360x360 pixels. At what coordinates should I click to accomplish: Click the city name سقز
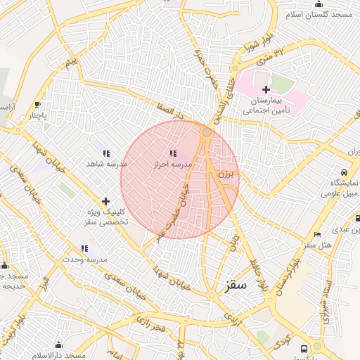click(236, 286)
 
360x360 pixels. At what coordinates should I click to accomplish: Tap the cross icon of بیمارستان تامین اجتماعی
click(266, 89)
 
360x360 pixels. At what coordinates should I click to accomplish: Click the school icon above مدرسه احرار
click(173, 153)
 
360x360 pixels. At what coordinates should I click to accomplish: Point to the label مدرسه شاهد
click(106, 163)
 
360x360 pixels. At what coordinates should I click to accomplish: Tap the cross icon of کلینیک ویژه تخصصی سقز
click(105, 201)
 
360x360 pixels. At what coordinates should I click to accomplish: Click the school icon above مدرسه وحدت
click(84, 248)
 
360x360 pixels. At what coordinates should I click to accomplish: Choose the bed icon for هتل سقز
click(318, 235)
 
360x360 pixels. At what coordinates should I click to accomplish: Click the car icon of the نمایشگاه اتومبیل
click(343, 172)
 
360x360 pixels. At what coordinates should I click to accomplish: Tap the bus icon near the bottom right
click(304, 348)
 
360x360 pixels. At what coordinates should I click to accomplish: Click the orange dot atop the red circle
click(207, 131)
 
